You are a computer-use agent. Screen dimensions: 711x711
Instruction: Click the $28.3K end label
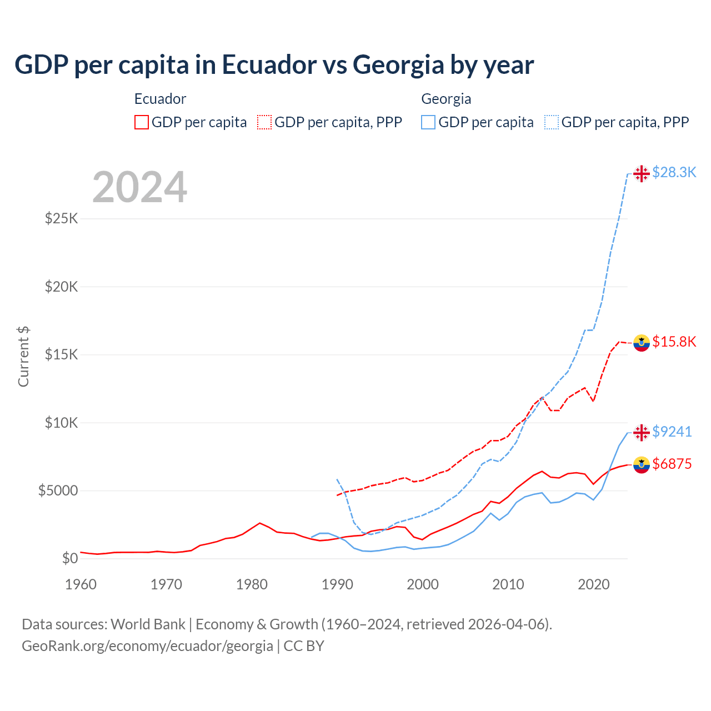[674, 173]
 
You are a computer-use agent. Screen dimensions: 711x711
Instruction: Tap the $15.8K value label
[674, 342]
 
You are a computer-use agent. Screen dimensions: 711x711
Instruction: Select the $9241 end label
[672, 432]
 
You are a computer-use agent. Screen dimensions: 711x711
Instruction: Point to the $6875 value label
[672, 464]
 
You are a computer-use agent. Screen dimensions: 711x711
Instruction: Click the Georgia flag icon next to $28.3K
[642, 173]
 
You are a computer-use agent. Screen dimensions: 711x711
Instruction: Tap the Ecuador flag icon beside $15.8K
[642, 343]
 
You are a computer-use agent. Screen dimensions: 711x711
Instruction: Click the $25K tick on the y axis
[62, 218]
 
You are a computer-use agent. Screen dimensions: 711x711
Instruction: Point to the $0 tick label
[69, 558]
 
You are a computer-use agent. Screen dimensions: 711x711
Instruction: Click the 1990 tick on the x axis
[337, 584]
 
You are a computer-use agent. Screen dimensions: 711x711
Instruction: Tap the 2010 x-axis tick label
[508, 584]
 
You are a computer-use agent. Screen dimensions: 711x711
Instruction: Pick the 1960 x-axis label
[81, 584]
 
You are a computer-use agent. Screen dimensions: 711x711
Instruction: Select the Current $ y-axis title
[23, 357]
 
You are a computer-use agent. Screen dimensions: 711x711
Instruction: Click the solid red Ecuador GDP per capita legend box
[142, 122]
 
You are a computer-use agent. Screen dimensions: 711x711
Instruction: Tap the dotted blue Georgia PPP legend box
[552, 122]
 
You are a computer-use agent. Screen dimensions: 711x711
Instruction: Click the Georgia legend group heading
[446, 99]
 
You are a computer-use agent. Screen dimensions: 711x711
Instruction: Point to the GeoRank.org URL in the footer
[147, 646]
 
